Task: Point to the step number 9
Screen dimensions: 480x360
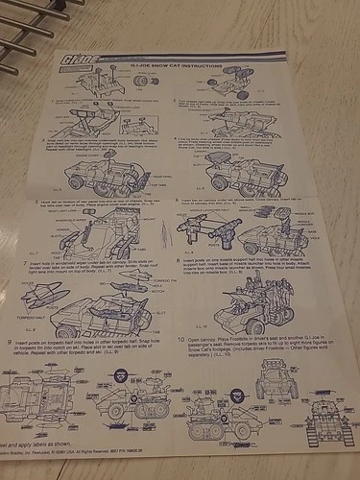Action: click(11, 344)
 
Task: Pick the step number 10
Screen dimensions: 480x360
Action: click(180, 339)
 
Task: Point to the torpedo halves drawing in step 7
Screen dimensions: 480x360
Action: click(45, 297)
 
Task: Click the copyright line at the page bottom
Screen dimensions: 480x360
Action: click(91, 459)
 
